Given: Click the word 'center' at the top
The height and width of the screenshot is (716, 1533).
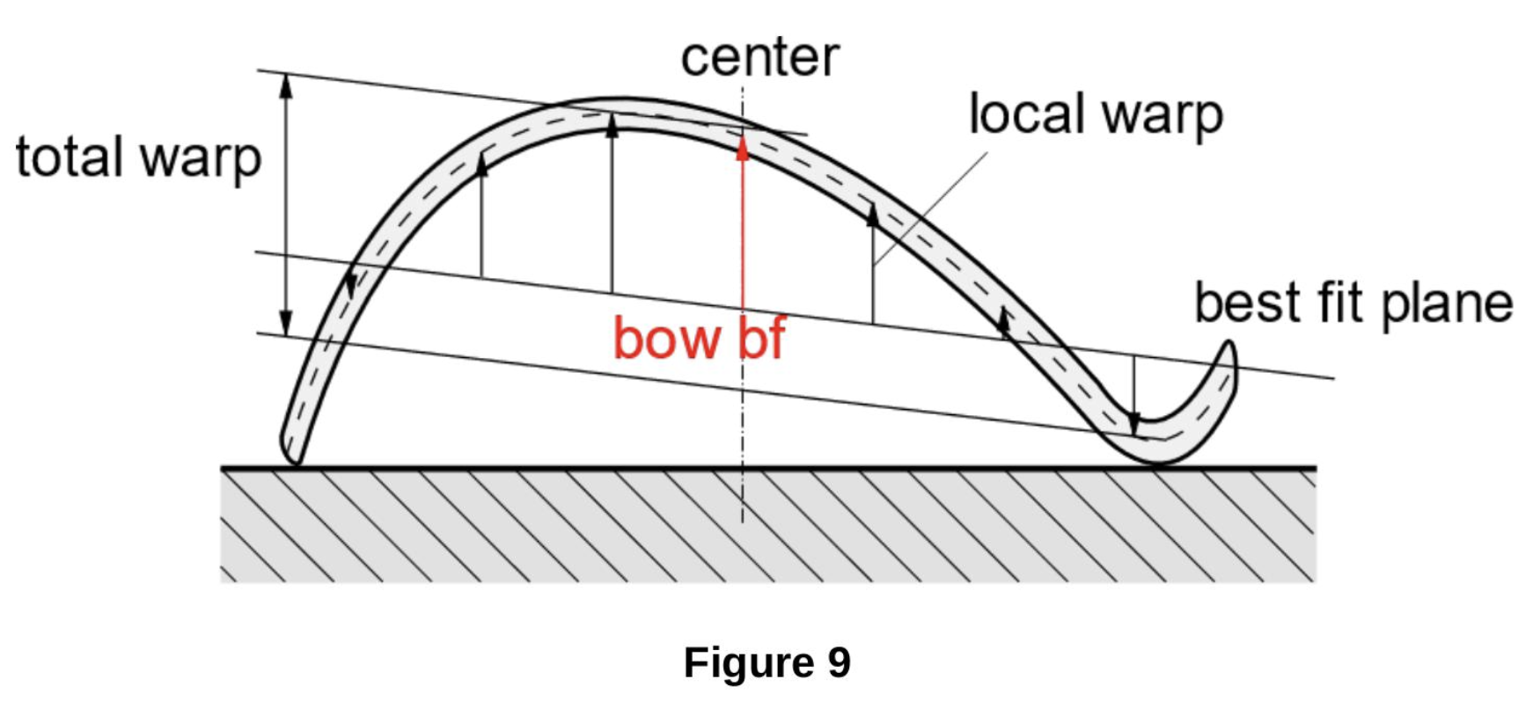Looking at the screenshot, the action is [x=759, y=58].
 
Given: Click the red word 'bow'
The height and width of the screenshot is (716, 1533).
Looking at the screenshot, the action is [x=667, y=339].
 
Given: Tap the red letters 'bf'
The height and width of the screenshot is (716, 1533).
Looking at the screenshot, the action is [x=760, y=338].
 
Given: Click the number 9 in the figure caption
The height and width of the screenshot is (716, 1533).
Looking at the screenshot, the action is [x=839, y=661].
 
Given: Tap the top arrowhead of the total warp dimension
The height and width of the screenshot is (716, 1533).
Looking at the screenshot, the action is [x=285, y=85].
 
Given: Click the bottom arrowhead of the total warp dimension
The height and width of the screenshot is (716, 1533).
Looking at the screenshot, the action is [x=285, y=323].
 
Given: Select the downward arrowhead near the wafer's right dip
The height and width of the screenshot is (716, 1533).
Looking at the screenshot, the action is [x=1134, y=421].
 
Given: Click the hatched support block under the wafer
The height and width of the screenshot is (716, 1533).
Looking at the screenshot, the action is [x=768, y=525].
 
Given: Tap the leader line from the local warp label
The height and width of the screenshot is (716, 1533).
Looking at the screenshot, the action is [x=931, y=208].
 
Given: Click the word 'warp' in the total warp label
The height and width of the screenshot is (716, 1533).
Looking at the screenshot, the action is [x=201, y=159].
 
